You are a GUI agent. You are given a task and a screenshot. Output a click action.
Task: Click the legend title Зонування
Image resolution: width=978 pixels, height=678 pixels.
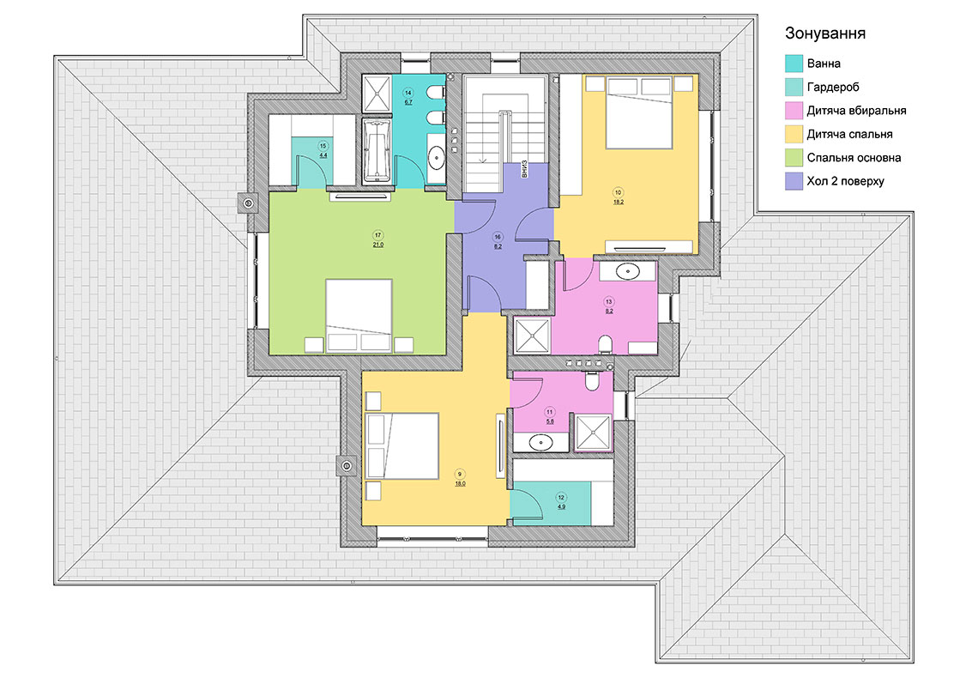point(824,33)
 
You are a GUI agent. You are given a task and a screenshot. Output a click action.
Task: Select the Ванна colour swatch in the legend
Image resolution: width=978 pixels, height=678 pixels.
point(794,64)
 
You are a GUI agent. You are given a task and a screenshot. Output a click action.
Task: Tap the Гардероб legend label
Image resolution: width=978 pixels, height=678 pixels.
point(833,88)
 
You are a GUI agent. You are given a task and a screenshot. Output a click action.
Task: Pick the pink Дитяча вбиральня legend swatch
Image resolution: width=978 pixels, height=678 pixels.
point(794,111)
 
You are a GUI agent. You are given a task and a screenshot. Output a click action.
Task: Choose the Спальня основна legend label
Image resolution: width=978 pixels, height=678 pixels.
point(854,158)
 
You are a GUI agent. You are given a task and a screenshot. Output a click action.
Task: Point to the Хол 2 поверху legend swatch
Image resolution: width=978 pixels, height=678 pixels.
point(794,181)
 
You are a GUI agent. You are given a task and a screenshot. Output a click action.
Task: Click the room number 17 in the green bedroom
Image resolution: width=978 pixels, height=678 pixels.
point(378,235)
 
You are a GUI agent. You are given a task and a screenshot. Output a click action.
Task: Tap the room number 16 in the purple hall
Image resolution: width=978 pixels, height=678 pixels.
point(498,237)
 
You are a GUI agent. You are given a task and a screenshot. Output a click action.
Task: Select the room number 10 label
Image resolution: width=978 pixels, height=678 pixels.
point(618,193)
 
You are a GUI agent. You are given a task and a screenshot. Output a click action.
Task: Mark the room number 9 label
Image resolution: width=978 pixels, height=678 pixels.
point(460,475)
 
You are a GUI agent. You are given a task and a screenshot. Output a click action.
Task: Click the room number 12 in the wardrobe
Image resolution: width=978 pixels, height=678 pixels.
point(561,498)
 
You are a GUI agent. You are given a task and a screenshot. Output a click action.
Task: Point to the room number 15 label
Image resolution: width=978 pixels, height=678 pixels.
point(323,146)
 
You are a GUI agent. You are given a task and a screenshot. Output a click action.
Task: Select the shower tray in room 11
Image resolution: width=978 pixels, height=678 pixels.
point(593,432)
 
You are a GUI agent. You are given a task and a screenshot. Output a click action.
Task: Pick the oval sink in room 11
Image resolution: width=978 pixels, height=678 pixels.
point(540,443)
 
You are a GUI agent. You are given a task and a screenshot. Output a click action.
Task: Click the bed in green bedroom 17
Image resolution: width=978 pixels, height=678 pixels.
point(359,316)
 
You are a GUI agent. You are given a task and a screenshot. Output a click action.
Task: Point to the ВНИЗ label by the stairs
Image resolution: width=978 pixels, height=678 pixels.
point(524,169)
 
